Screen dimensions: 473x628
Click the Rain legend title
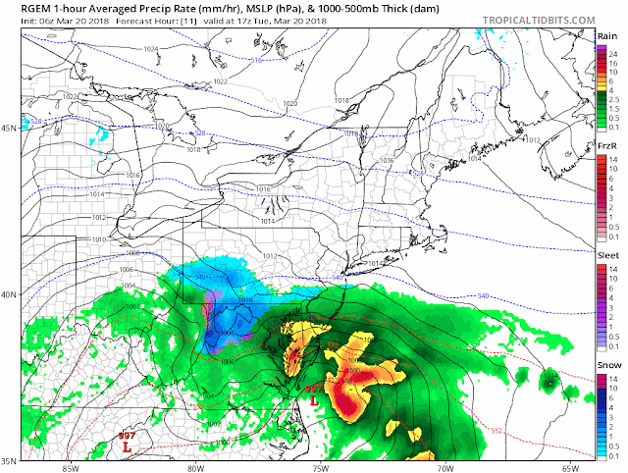pyautogui.click(x=606, y=36)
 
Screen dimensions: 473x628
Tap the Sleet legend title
pyautogui.click(x=606, y=253)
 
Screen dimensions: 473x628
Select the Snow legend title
pyautogui.click(x=606, y=364)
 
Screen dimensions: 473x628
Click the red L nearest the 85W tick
pyautogui.click(x=127, y=447)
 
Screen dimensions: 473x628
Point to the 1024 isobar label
pyautogui.click(x=150, y=49)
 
